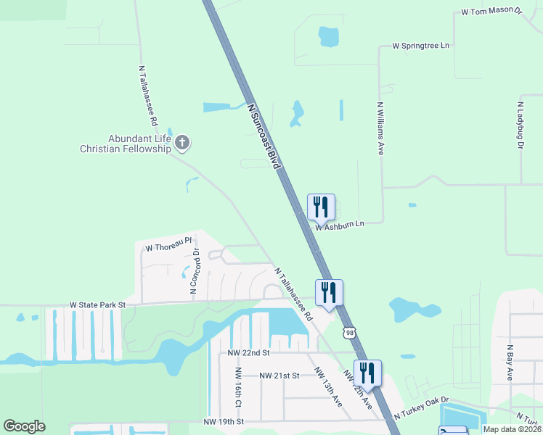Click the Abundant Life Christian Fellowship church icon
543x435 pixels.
(x=182, y=143)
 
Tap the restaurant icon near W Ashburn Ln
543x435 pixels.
(x=321, y=207)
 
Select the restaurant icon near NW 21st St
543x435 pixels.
(x=367, y=373)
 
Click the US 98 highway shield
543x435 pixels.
(x=351, y=331)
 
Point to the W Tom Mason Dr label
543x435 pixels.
(x=491, y=12)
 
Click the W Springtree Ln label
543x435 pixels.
(x=421, y=46)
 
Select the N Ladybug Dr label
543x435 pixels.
(x=520, y=125)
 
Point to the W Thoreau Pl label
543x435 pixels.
(x=168, y=247)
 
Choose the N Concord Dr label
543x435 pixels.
(x=195, y=271)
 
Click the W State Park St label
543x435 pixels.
(x=98, y=306)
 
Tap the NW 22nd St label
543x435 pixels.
(x=248, y=352)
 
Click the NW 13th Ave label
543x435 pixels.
(x=328, y=386)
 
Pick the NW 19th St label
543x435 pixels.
(x=224, y=421)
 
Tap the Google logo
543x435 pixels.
(x=24, y=426)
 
